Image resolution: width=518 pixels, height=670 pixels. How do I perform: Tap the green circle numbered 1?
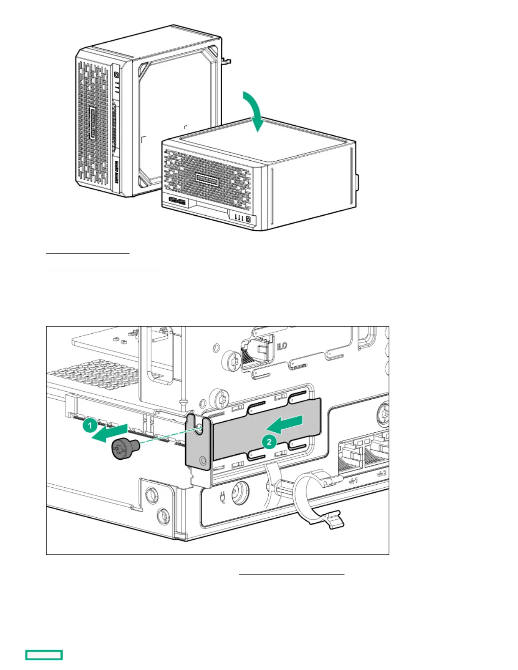pos(90,425)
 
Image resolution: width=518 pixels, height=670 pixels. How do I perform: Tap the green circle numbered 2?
pos(269,442)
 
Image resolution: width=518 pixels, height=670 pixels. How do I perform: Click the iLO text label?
pos(282,346)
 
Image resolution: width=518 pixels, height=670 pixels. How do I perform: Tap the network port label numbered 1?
pos(353,480)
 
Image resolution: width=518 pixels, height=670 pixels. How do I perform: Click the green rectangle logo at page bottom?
pos(44,655)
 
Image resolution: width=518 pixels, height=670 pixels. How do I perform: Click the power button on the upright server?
pos(116,74)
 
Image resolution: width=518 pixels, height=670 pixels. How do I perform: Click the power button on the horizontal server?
pos(248,219)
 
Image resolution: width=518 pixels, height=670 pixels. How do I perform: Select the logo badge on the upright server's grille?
pos(93,123)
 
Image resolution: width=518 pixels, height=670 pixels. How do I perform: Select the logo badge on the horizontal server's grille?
pos(207,181)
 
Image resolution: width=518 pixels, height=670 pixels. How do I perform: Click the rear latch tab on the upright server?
pos(226,61)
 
